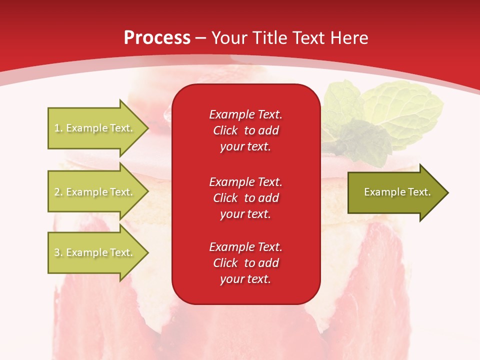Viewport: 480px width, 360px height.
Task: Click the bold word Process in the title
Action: click(x=157, y=38)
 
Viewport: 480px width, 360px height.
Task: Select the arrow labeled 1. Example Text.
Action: click(x=95, y=128)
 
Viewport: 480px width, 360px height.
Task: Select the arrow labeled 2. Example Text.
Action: click(x=95, y=192)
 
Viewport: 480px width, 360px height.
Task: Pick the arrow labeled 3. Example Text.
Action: click(x=95, y=252)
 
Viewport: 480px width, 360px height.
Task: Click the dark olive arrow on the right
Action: click(x=395, y=192)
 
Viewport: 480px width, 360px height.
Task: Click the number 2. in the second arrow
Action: click(x=58, y=192)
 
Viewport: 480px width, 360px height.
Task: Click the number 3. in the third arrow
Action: click(x=58, y=252)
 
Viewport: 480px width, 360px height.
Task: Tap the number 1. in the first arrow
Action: click(x=58, y=128)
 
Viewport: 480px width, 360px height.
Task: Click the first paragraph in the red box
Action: click(x=245, y=130)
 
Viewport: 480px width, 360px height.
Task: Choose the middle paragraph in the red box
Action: click(x=245, y=197)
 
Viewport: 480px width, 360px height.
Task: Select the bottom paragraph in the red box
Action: click(x=245, y=263)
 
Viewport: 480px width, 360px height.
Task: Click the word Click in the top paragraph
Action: click(x=225, y=130)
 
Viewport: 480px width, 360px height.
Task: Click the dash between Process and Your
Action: click(x=200, y=38)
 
